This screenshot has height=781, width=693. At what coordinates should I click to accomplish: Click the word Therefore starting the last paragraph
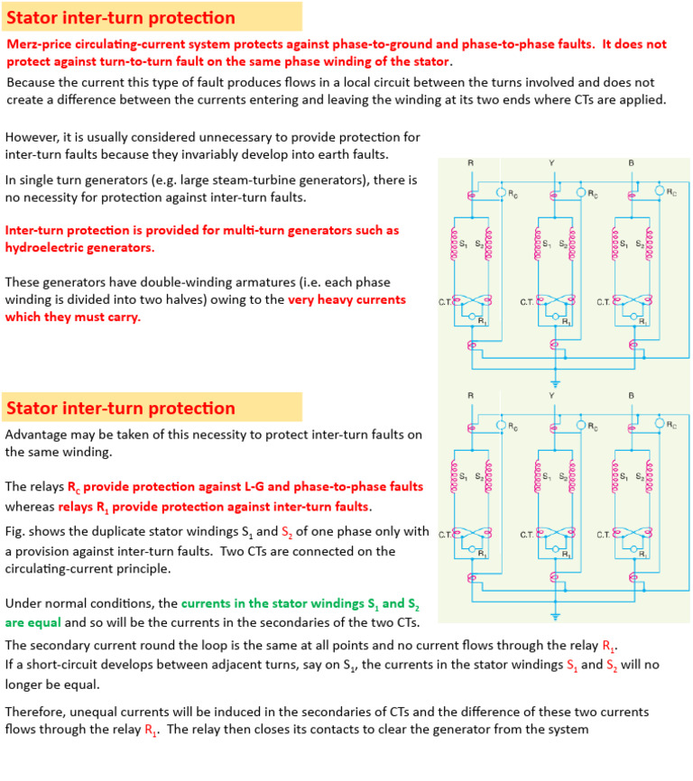pyautogui.click(x=40, y=712)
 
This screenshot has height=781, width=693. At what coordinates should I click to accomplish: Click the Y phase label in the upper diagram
pyautogui.click(x=550, y=162)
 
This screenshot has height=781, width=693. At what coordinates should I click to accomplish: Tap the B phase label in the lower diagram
pyautogui.click(x=632, y=396)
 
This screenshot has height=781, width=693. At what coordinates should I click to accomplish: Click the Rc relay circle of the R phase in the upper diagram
pyautogui.click(x=501, y=192)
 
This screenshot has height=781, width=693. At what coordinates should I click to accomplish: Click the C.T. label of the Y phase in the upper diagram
pyautogui.click(x=527, y=301)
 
